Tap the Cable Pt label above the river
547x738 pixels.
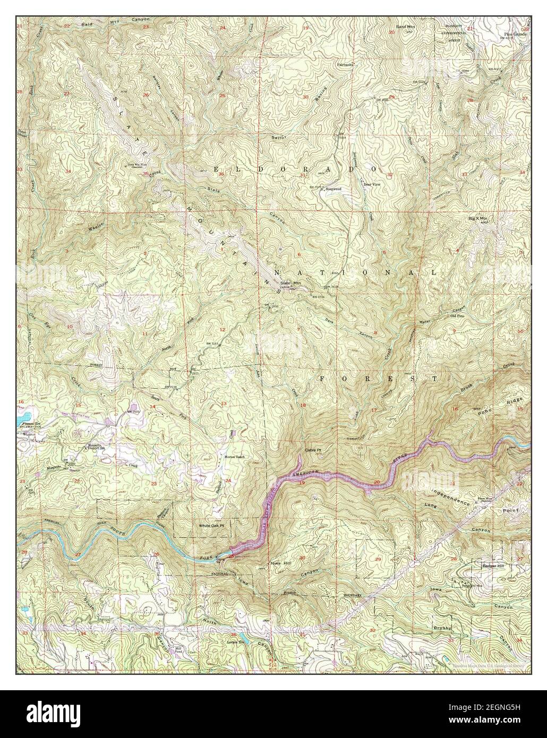click(313, 450)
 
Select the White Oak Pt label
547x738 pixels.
click(212, 526)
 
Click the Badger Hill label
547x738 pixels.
click(492, 566)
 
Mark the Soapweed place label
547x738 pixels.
click(332, 188)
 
